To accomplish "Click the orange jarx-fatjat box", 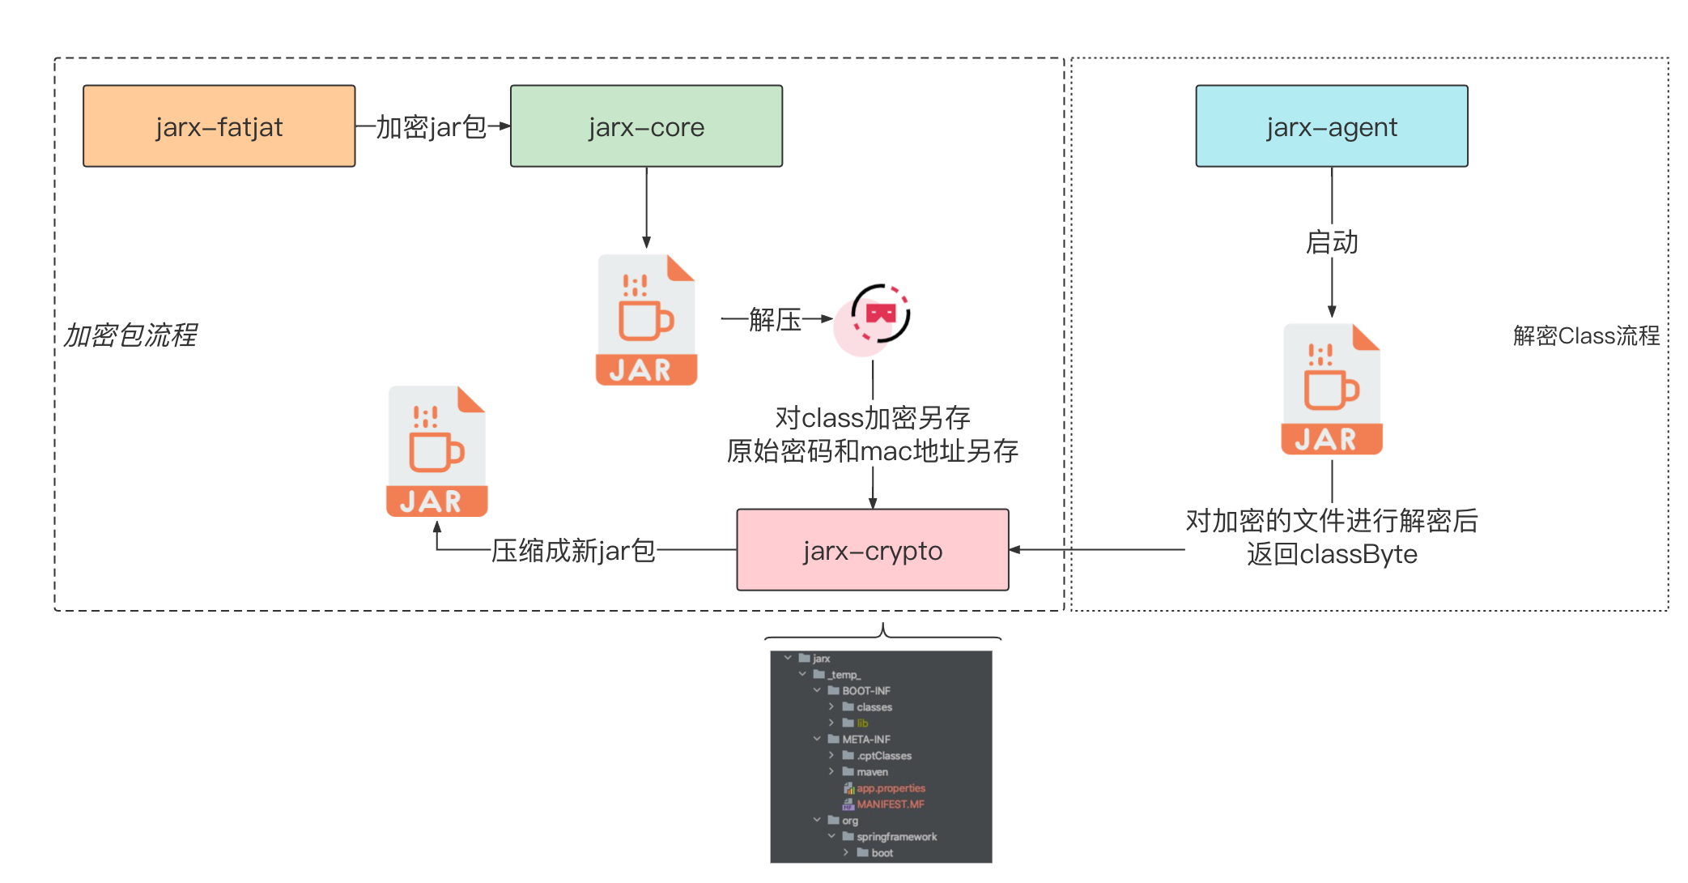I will [x=219, y=126].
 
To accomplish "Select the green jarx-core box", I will [x=646, y=126].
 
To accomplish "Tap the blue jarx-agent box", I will [x=1331, y=126].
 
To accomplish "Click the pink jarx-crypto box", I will [x=872, y=550].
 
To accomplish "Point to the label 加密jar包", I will [x=431, y=127].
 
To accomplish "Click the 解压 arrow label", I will [x=775, y=319].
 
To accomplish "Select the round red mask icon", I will [x=878, y=317].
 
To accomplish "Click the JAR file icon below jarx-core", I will [x=646, y=320].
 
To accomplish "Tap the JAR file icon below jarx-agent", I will [x=1331, y=389].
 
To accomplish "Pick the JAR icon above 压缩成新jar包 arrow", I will [x=436, y=451].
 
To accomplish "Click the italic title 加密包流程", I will [x=130, y=335].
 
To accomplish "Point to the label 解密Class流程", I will [x=1585, y=335].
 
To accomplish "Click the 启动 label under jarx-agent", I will [x=1331, y=242].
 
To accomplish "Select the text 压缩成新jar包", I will [x=573, y=551].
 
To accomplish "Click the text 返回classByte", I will [x=1331, y=554].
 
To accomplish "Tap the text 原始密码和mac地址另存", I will [x=872, y=451].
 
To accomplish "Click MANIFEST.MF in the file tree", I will [x=890, y=804].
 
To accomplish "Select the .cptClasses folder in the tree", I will [x=883, y=756].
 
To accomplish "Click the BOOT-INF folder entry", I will [x=865, y=691].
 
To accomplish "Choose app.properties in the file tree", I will [x=890, y=788].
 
